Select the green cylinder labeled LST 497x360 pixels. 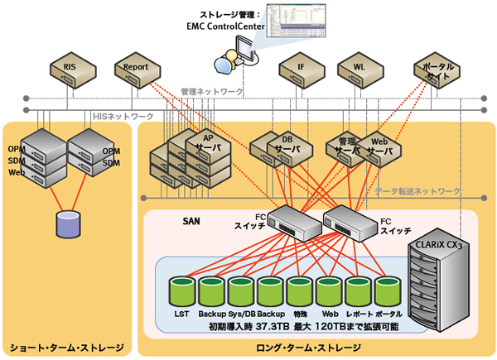tap(181, 295)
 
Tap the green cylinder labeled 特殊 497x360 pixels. tap(298, 295)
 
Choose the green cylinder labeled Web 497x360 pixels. tap(328, 295)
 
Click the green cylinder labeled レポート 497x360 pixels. tap(357, 295)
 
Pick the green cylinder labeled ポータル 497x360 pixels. tap(387, 295)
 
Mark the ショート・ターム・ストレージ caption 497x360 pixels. tap(66, 348)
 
